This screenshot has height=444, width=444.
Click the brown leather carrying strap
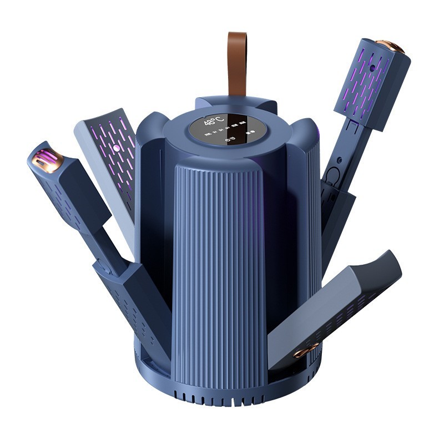(237, 64)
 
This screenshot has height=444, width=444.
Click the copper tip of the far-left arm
(43, 160)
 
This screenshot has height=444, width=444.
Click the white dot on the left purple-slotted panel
(117, 150)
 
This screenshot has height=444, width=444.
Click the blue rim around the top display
(183, 139)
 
